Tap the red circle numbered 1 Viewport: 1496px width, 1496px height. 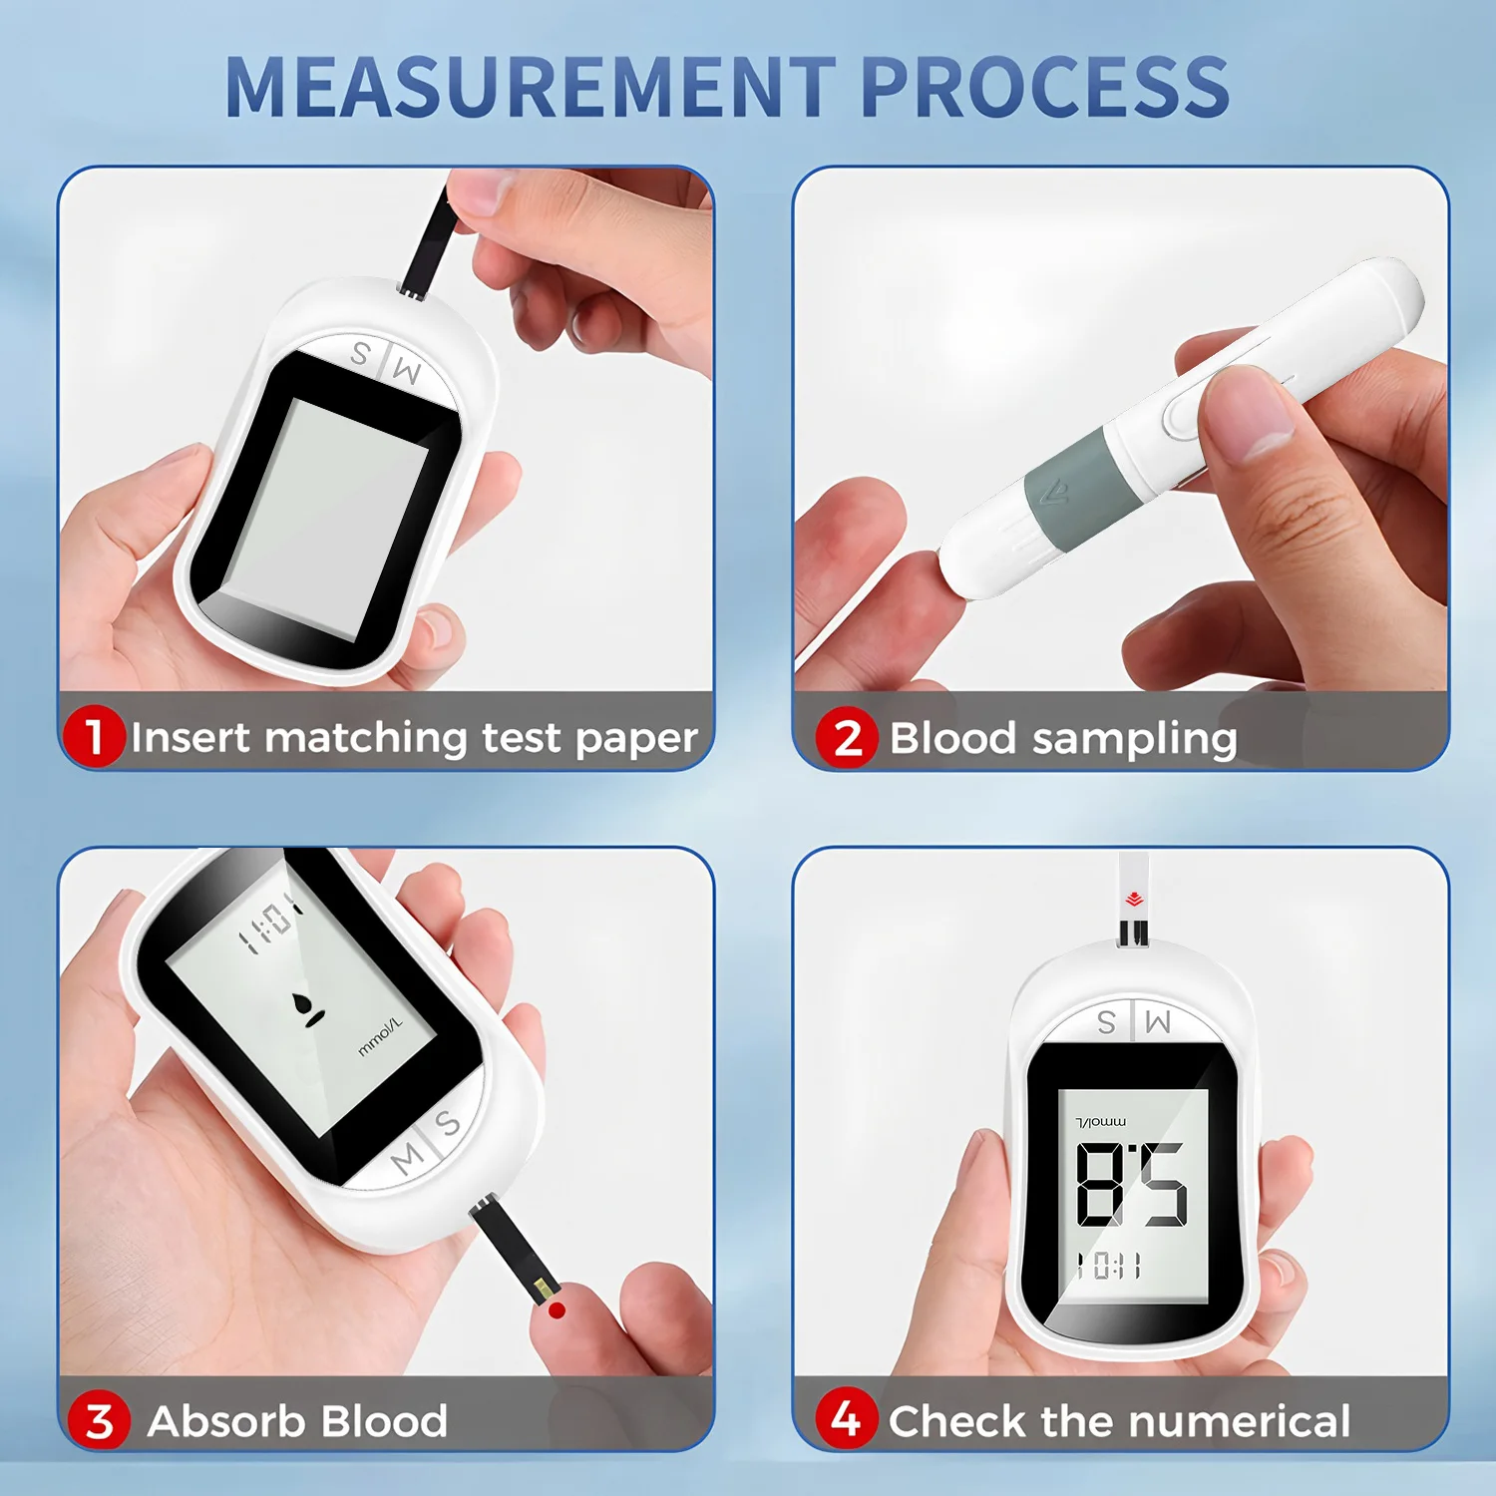point(94,737)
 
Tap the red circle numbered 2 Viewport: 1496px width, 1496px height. point(847,738)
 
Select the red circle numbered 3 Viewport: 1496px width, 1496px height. point(99,1421)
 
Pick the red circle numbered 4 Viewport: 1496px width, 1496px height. point(846,1418)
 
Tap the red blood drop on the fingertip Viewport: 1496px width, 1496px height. point(558,1309)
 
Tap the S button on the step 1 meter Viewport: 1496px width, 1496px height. point(360,353)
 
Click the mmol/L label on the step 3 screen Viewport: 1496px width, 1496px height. point(380,1037)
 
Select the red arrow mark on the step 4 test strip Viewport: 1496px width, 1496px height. point(1134,900)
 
